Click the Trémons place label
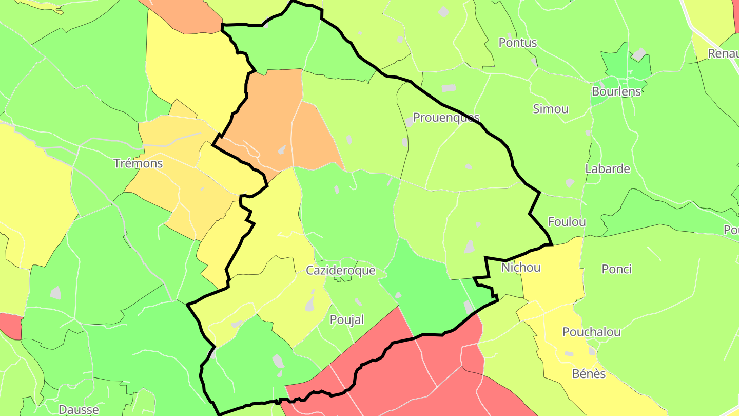pyautogui.click(x=138, y=163)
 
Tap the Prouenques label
pyautogui.click(x=446, y=118)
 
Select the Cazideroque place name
pyautogui.click(x=341, y=270)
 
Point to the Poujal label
pyautogui.click(x=347, y=319)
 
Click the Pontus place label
pyautogui.click(x=518, y=43)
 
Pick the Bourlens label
pyautogui.click(x=616, y=91)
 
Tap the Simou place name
pyautogui.click(x=551, y=109)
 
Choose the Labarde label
pyautogui.click(x=608, y=168)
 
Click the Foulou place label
pyautogui.click(x=567, y=222)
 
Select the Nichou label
pyautogui.click(x=521, y=268)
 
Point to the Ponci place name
pyautogui.click(x=616, y=269)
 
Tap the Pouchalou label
pyautogui.click(x=592, y=332)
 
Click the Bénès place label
pyautogui.click(x=589, y=373)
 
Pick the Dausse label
pyautogui.click(x=79, y=409)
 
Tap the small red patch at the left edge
pyautogui.click(x=11, y=325)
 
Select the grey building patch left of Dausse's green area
pyautogui.click(x=55, y=293)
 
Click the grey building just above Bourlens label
pyautogui.click(x=638, y=54)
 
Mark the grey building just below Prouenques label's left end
pyautogui.click(x=409, y=122)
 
